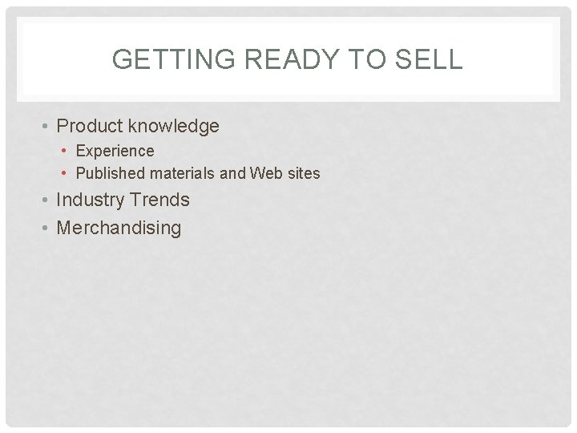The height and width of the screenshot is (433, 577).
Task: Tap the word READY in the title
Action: [x=274, y=59]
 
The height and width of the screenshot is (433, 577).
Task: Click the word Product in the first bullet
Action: [x=91, y=126]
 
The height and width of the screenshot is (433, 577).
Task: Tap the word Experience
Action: [x=115, y=151]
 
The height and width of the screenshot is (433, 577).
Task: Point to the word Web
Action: [x=263, y=172]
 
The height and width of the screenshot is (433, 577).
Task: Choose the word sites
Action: [x=301, y=172]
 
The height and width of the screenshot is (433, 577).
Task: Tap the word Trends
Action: [x=162, y=199]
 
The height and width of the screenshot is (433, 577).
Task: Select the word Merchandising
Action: [x=119, y=228]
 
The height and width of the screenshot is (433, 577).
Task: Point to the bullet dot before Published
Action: [x=65, y=173]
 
